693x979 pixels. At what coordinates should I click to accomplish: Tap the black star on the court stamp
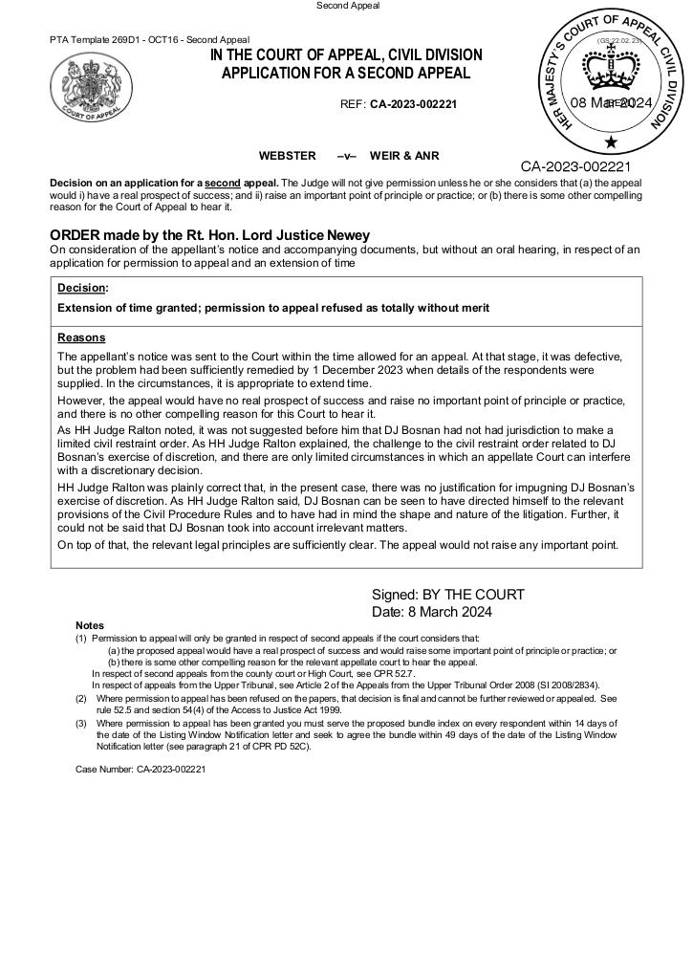[x=612, y=142]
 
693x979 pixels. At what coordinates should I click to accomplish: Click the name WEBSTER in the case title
[x=287, y=155]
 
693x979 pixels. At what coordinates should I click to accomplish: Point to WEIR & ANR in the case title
[x=404, y=155]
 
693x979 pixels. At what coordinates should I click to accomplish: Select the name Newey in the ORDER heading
[x=347, y=235]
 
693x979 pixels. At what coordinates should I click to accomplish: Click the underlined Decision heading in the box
[x=81, y=288]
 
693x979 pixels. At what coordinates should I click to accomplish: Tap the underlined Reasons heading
[x=81, y=337]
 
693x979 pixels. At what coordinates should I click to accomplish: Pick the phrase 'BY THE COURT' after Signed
[x=472, y=595]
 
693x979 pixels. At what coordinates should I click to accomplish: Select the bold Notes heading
[x=90, y=625]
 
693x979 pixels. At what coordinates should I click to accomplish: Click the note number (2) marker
[x=81, y=699]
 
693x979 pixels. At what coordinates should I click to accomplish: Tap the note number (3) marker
[x=81, y=724]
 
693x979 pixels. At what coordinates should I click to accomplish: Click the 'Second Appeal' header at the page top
[x=348, y=6]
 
